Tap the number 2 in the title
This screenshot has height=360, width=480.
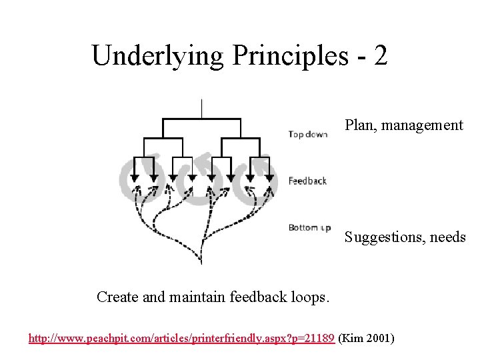click(381, 56)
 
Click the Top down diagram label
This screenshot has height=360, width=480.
click(308, 135)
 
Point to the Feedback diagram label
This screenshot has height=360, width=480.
click(307, 181)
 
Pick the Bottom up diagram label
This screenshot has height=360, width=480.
click(309, 228)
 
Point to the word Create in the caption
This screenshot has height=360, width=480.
click(117, 297)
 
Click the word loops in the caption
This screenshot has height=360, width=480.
click(311, 297)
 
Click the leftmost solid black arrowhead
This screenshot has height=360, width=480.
click(134, 177)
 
